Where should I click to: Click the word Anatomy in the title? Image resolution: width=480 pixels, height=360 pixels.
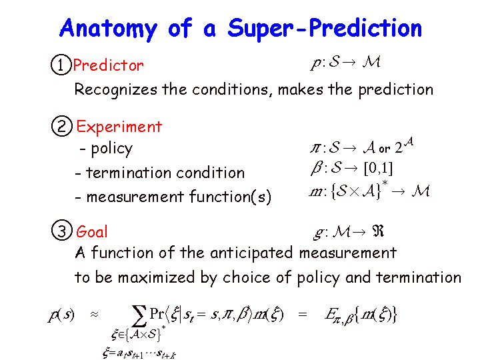click(109, 29)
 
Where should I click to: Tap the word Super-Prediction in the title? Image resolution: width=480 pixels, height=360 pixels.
click(325, 29)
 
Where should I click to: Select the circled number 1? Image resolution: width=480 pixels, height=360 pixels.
click(61, 65)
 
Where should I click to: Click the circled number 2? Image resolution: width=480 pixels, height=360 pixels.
click(62, 126)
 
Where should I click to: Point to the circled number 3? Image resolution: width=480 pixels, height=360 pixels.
click(62, 230)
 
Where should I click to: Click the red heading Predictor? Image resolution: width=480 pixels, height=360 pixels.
click(109, 65)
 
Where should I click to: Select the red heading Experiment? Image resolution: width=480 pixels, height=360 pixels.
click(119, 127)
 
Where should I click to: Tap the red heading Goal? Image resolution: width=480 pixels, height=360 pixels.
click(92, 231)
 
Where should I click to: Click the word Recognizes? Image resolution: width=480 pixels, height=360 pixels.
click(116, 90)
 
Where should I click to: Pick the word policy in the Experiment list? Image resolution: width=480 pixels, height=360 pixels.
click(112, 149)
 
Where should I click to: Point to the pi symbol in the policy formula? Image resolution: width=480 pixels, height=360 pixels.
click(315, 149)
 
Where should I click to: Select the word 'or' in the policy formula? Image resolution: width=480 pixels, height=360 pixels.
click(384, 149)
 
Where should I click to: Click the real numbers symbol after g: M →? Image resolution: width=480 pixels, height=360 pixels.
click(378, 231)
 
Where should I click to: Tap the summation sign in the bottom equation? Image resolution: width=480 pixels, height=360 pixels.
click(139, 316)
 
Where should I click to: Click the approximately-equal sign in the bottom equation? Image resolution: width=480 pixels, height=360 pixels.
click(94, 315)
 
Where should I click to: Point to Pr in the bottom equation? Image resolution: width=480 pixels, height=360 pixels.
click(157, 313)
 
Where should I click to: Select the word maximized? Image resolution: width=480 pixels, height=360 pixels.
click(156, 277)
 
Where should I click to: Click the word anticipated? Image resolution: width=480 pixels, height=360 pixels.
click(251, 253)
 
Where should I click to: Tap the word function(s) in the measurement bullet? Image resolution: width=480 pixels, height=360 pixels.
click(230, 197)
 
